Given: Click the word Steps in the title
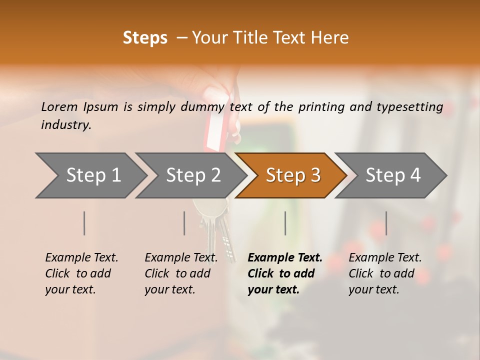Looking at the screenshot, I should pos(145,38).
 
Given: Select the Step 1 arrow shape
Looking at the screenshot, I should pos(90,175).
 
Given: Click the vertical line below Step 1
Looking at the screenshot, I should pos(84,223).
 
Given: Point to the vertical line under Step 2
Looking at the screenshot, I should pos(184,223).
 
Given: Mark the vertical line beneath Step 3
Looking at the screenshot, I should pos(285,223).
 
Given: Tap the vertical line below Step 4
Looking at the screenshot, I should pos(386,223).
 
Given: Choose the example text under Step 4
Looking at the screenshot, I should pos(385,273).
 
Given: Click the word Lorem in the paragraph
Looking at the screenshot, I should pos(59,106).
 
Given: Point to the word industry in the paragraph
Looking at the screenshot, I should pos(66,124).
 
